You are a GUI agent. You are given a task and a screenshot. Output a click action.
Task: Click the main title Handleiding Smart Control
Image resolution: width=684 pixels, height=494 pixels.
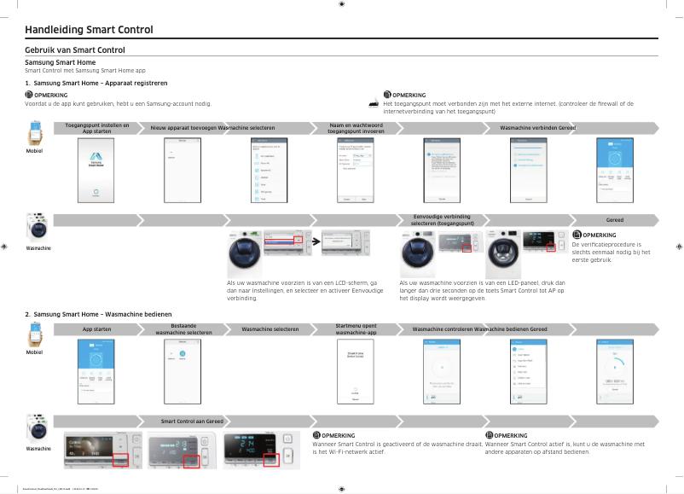pyautogui.click(x=90, y=31)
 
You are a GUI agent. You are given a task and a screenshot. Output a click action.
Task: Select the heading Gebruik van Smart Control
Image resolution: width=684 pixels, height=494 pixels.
pyautogui.click(x=75, y=50)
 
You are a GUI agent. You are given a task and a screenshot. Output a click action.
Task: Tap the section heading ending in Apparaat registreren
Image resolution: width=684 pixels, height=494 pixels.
pyautogui.click(x=96, y=83)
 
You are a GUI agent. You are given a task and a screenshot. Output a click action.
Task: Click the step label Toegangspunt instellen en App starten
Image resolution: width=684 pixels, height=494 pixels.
pyautogui.click(x=96, y=128)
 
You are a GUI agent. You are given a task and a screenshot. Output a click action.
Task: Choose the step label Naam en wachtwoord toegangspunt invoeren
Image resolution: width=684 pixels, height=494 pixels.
pyautogui.click(x=356, y=128)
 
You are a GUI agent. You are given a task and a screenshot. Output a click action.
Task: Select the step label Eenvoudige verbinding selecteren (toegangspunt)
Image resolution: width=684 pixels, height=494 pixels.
pyautogui.click(x=441, y=220)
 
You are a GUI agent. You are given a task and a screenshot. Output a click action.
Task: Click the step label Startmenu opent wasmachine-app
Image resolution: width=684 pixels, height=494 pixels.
pyautogui.click(x=356, y=328)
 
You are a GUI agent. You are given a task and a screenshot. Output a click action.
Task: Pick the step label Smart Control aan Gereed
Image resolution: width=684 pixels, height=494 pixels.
pyautogui.click(x=193, y=421)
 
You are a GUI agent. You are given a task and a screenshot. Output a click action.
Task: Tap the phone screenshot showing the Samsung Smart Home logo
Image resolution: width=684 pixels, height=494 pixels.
pyautogui.click(x=96, y=170)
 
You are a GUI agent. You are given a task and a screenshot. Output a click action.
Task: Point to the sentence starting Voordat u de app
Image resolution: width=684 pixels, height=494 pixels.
pyautogui.click(x=118, y=103)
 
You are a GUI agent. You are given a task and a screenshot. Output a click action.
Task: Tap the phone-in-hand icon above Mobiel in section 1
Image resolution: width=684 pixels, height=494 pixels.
pyautogui.click(x=36, y=133)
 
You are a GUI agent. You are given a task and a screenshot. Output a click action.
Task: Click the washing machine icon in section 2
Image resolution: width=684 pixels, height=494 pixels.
pyautogui.click(x=36, y=428)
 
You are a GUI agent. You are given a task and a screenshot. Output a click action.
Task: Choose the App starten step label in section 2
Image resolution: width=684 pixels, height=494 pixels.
pyautogui.click(x=96, y=328)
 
